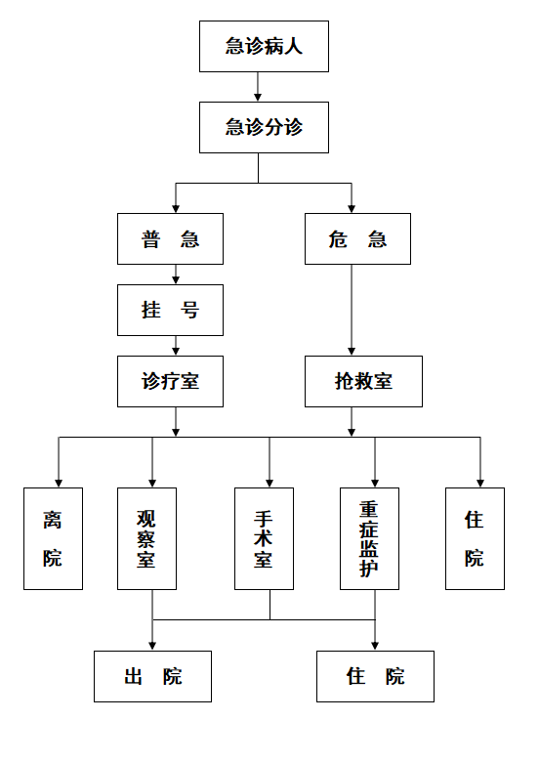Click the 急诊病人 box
264,46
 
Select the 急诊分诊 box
264,127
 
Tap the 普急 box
170,238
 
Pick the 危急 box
357,238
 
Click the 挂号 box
170,310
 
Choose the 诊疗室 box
170,381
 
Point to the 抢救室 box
363,381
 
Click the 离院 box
53,538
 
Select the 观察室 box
146,538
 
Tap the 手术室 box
264,538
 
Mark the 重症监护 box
369,538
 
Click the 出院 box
152,676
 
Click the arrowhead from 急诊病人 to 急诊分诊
258,98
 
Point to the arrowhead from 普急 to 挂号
176,280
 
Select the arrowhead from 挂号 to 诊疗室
176,352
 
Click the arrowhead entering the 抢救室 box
352,352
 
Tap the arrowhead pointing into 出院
152,647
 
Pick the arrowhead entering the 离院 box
59,484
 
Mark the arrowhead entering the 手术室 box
269,484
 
